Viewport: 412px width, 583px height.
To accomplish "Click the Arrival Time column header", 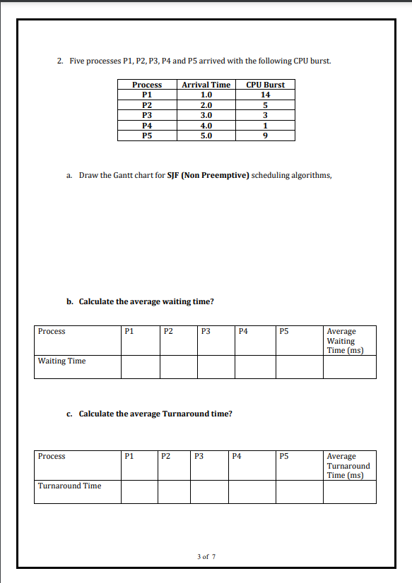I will click(x=206, y=85).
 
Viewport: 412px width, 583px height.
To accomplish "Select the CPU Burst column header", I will click(x=265, y=85).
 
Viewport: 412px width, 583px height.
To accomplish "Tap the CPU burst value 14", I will click(x=265, y=94).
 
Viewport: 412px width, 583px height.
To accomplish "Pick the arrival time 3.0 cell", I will click(x=206, y=115).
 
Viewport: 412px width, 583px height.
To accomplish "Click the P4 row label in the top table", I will click(x=147, y=126).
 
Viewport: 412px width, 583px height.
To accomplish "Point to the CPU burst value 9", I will click(x=265, y=136).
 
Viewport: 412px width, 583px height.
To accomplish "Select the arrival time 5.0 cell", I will click(x=206, y=136).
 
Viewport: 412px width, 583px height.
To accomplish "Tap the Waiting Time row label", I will click(x=61, y=361).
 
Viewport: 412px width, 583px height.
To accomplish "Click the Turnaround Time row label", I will click(x=69, y=486).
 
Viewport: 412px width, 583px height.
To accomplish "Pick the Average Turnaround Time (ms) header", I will click(x=348, y=465).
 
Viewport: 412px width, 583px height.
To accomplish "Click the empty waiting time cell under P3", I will click(x=216, y=367).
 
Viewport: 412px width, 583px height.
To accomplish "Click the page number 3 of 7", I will click(x=206, y=556).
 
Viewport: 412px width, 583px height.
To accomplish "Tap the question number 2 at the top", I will click(x=59, y=61).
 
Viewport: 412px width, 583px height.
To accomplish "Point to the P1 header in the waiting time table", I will click(x=129, y=331).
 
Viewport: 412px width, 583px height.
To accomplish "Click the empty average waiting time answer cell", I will click(x=351, y=367).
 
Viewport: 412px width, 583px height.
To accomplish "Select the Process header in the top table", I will click(x=147, y=85).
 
